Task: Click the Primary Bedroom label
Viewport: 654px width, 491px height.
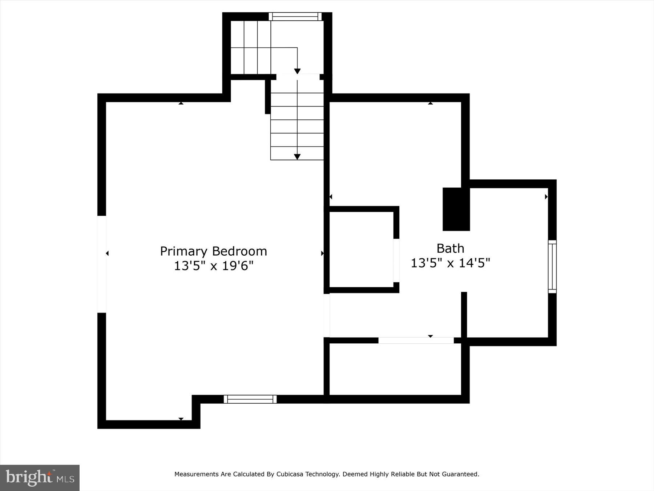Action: click(x=213, y=251)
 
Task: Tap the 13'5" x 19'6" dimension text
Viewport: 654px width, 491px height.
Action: click(x=213, y=266)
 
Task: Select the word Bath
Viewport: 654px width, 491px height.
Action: click(x=450, y=248)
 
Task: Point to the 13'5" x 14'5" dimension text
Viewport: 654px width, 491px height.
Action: click(x=450, y=263)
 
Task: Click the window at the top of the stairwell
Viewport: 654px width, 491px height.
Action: click(x=295, y=17)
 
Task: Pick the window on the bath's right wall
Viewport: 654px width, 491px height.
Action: click(x=552, y=266)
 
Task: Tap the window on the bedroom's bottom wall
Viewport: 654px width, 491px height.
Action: click(x=250, y=399)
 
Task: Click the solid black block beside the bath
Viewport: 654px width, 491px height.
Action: click(x=456, y=209)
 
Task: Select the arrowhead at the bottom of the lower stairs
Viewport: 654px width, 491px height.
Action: click(x=297, y=157)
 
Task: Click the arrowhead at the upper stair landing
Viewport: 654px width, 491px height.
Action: click(x=297, y=71)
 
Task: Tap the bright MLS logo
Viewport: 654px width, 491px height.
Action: click(x=40, y=478)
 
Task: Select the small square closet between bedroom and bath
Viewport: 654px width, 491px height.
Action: click(x=361, y=249)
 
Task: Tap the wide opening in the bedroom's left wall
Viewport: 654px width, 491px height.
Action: click(x=102, y=264)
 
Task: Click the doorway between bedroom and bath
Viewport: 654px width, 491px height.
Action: click(x=327, y=315)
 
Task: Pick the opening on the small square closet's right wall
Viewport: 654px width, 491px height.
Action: click(x=396, y=260)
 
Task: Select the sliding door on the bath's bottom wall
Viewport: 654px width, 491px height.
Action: click(x=416, y=340)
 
